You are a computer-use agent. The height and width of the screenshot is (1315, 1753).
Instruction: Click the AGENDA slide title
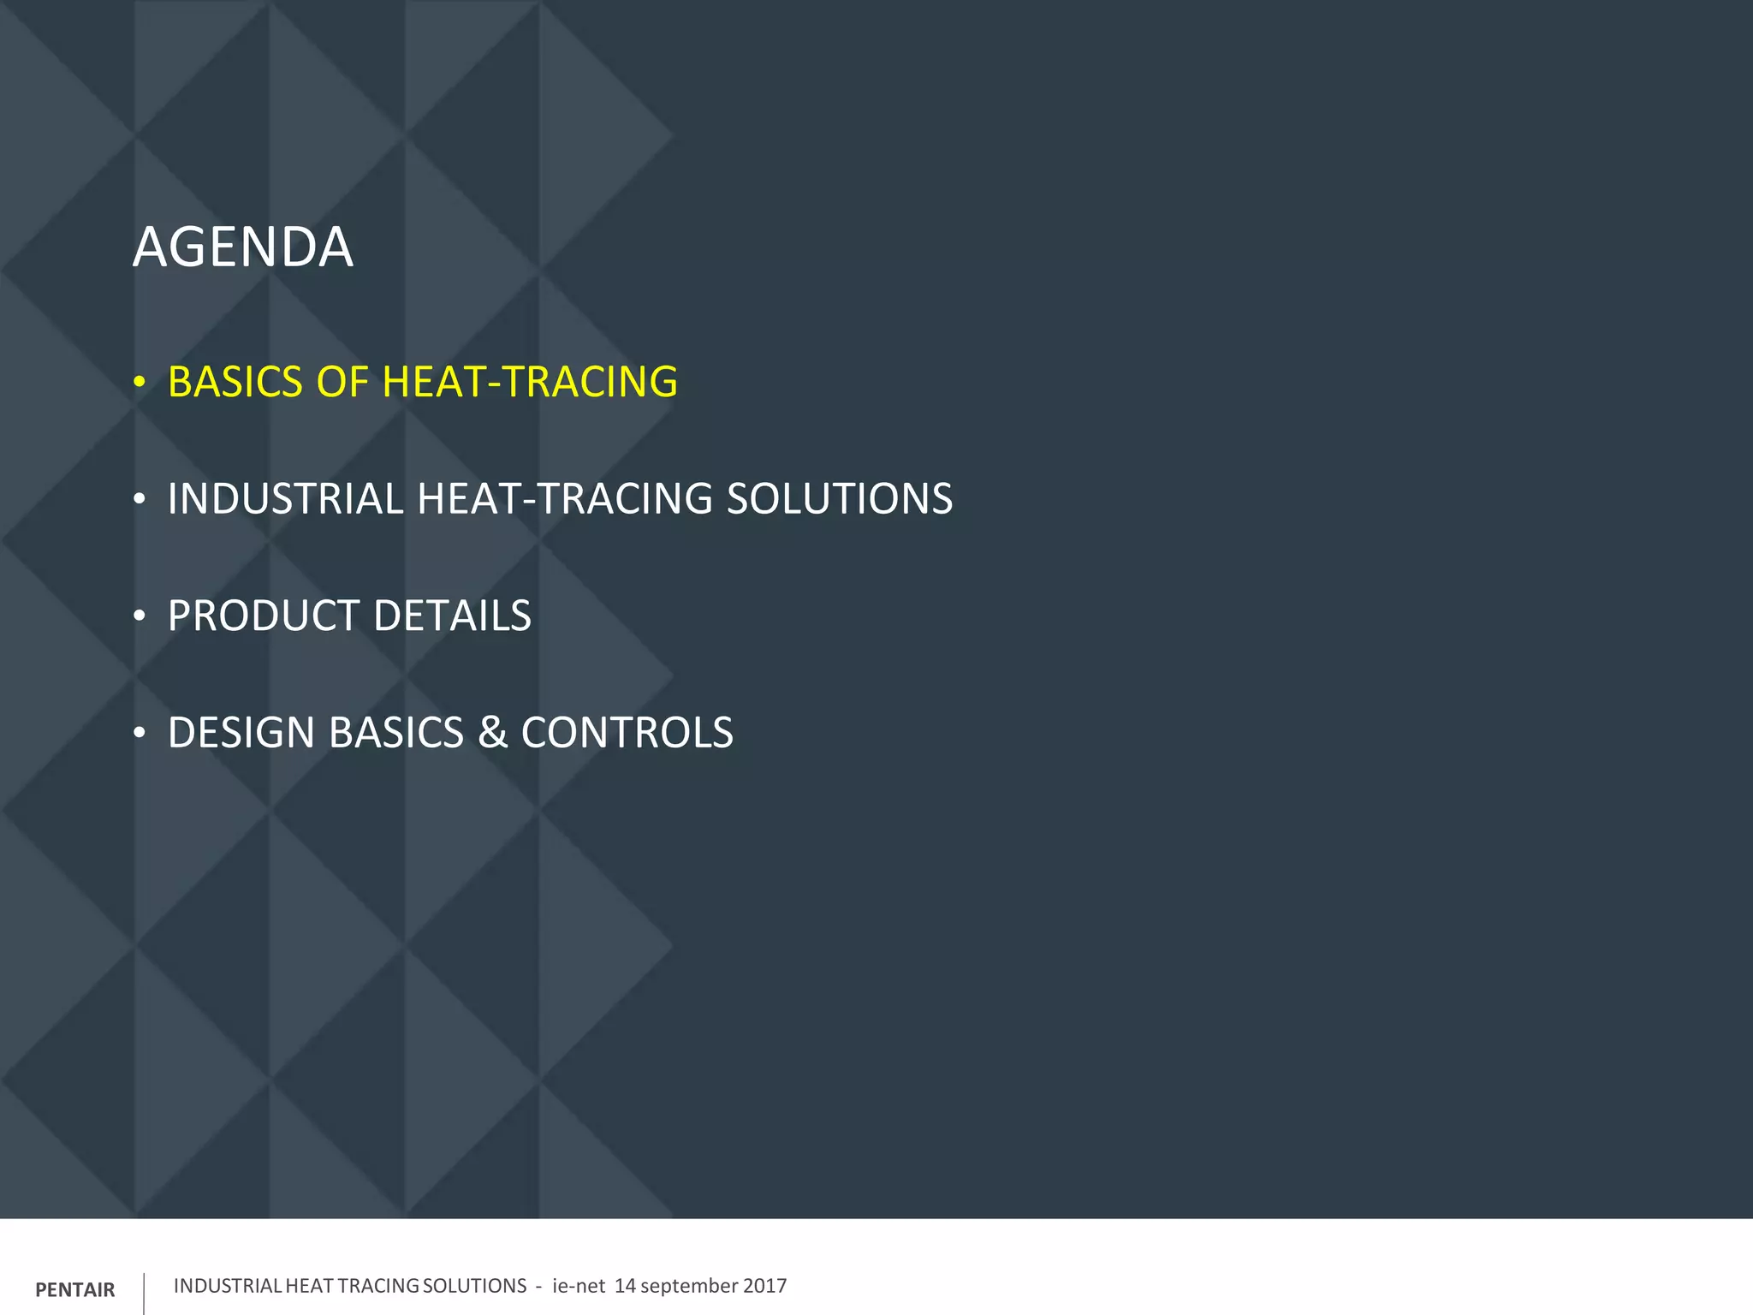tap(242, 247)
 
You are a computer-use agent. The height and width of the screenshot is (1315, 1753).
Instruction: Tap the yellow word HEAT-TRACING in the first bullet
tap(530, 382)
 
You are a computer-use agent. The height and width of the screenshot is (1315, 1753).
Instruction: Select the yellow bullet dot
tap(140, 383)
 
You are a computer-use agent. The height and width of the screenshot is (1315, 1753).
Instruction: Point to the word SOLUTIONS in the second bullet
tap(839, 499)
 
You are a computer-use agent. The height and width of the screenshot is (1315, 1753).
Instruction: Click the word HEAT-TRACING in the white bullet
tap(565, 499)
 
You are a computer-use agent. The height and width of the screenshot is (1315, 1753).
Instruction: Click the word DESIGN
tap(241, 733)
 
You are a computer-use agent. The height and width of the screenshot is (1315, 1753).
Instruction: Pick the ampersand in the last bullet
tap(492, 733)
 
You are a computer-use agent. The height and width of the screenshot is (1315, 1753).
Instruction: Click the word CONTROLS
tap(627, 733)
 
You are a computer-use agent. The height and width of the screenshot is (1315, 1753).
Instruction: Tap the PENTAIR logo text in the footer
tap(75, 1290)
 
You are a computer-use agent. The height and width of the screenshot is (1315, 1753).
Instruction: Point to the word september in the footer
tap(689, 1287)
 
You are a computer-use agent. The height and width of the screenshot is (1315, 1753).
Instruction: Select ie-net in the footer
tap(579, 1286)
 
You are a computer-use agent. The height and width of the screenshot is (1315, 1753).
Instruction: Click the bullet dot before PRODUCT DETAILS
tap(140, 616)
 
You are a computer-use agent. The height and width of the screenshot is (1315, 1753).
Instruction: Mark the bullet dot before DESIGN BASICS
tap(140, 734)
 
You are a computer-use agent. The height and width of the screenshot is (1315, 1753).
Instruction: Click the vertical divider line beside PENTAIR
tap(144, 1292)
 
